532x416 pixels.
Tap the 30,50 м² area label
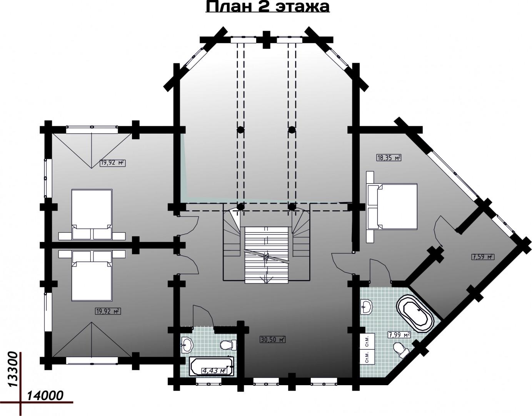272,339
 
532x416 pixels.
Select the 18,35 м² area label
389,158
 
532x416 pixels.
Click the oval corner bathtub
415,314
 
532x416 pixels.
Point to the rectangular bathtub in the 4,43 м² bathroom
212,366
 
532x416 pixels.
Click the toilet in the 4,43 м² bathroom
228,345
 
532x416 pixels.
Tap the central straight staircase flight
266,255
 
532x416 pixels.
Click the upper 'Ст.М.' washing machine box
367,341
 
